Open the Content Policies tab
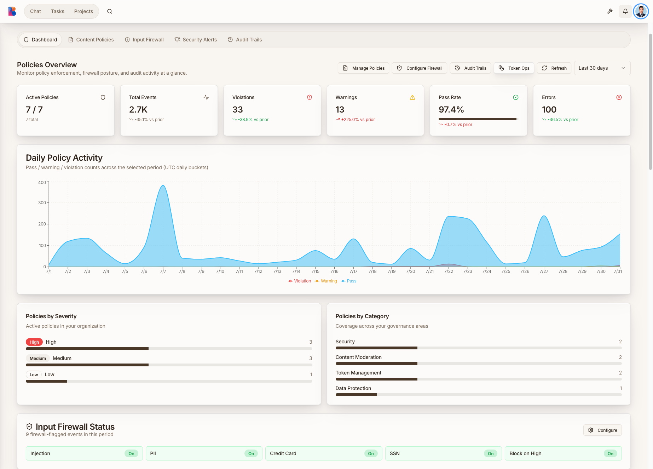click(x=91, y=40)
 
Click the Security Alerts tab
click(x=196, y=40)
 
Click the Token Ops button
click(x=514, y=68)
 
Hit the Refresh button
click(x=554, y=68)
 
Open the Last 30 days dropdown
click(x=602, y=68)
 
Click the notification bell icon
click(x=625, y=11)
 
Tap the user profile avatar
click(x=641, y=11)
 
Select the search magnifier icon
click(x=110, y=11)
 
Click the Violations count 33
click(x=238, y=110)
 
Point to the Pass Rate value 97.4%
click(x=451, y=110)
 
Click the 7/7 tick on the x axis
click(x=163, y=271)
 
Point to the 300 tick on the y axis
click(x=42, y=202)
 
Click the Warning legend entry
click(x=326, y=281)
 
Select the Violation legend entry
click(x=300, y=281)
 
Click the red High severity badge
click(x=34, y=342)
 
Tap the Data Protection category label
click(x=353, y=388)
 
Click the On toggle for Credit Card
click(x=371, y=453)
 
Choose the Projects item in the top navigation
click(x=83, y=11)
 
